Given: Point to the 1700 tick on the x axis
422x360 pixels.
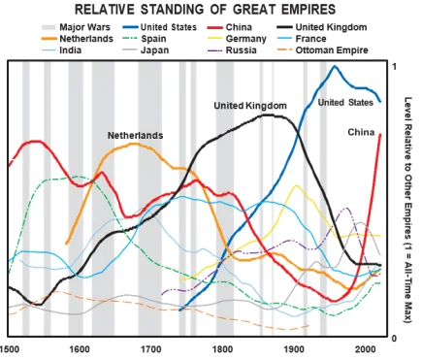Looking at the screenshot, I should click(150, 348).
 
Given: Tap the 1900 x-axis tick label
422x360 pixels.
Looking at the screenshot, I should click(294, 348).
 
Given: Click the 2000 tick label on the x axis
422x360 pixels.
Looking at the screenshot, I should click(365, 348).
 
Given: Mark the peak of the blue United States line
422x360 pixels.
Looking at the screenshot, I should click(336, 67).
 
